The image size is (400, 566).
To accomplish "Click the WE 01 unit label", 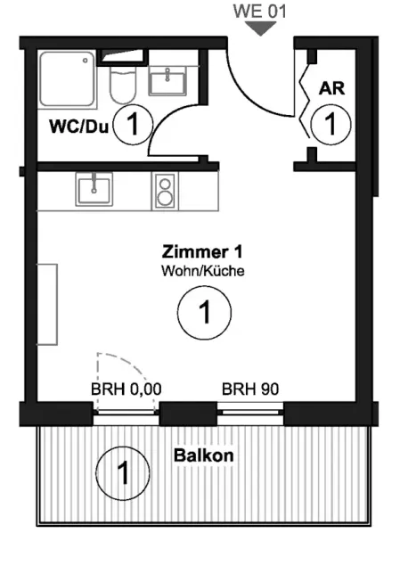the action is point(260,11).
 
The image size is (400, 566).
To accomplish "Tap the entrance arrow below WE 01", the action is point(260,29).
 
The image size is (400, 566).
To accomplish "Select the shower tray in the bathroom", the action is point(68,79).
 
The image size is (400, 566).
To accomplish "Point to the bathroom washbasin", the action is point(168,82).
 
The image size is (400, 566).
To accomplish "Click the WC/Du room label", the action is point(79,127).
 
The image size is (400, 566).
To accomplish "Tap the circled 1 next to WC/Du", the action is point(133,125).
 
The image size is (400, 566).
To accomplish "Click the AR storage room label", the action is point(331,88).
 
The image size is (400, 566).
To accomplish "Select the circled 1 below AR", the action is point(331,124).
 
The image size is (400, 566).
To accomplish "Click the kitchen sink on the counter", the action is point(94,189).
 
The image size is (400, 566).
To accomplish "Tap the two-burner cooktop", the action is point(165,191).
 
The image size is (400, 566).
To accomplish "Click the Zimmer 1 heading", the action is point(202,251).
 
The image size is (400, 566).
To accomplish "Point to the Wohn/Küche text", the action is point(203,271).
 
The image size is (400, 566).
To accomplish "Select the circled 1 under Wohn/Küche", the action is point(204,313).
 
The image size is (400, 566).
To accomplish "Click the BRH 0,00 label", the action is point(126,390).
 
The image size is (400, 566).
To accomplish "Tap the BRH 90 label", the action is point(250,390).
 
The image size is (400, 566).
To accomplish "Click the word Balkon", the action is point(204,455).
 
